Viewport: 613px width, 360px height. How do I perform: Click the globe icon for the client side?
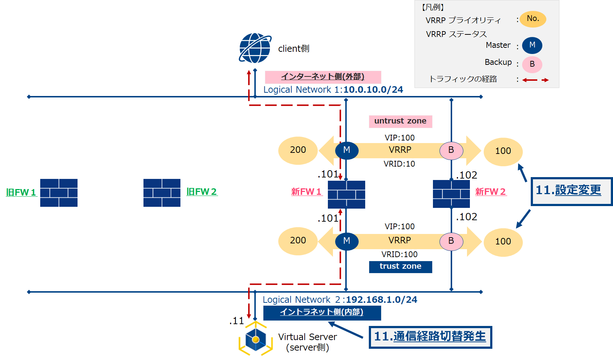(x=255, y=48)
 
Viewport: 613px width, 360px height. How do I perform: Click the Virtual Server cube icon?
(x=255, y=339)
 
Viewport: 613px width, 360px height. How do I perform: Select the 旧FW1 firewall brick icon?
(x=59, y=193)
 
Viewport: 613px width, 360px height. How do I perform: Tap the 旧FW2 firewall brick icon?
(x=162, y=193)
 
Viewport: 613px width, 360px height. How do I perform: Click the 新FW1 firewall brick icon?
(x=346, y=194)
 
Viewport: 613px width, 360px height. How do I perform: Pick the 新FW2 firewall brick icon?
(x=451, y=194)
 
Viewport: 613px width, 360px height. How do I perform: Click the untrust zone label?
(x=400, y=121)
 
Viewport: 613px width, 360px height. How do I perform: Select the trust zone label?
(x=400, y=267)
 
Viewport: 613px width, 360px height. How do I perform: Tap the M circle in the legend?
(x=532, y=45)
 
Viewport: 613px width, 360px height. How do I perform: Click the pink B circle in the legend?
(x=532, y=64)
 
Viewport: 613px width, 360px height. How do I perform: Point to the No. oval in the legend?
(x=533, y=19)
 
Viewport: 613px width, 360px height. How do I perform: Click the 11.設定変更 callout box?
(x=571, y=191)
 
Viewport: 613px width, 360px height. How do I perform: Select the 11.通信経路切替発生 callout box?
(x=430, y=337)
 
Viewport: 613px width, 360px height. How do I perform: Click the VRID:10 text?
(x=399, y=164)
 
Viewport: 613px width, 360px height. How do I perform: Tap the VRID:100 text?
(x=399, y=255)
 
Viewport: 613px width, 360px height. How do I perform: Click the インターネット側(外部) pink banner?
(x=323, y=77)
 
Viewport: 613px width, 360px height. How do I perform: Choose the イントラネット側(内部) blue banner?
(x=322, y=313)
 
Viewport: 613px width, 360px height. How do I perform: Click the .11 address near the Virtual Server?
(x=237, y=321)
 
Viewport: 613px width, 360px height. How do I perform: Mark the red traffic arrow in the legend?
(x=535, y=80)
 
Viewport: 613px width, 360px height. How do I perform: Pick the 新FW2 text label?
(x=490, y=192)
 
